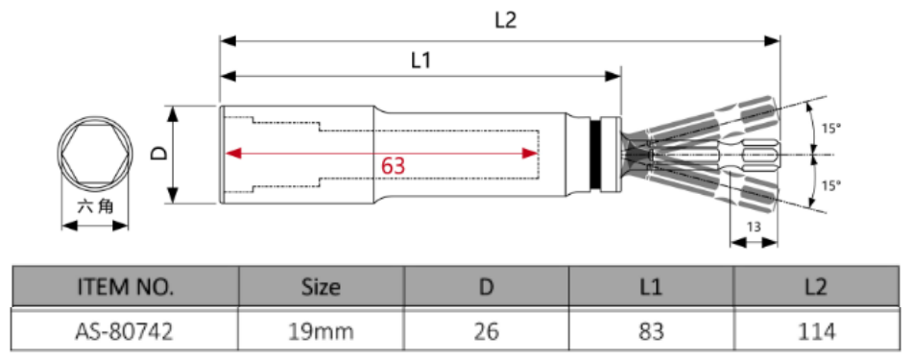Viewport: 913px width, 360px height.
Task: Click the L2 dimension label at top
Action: (505, 21)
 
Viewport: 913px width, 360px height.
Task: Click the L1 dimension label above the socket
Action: (421, 60)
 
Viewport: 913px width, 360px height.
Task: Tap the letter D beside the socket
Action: (159, 154)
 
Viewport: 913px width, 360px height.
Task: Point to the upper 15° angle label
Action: (831, 128)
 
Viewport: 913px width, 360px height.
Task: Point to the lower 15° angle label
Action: (831, 185)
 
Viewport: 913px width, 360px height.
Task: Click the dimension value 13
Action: (754, 228)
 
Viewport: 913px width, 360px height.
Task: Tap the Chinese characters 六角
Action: (95, 205)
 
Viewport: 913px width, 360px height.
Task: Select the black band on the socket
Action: (595, 155)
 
